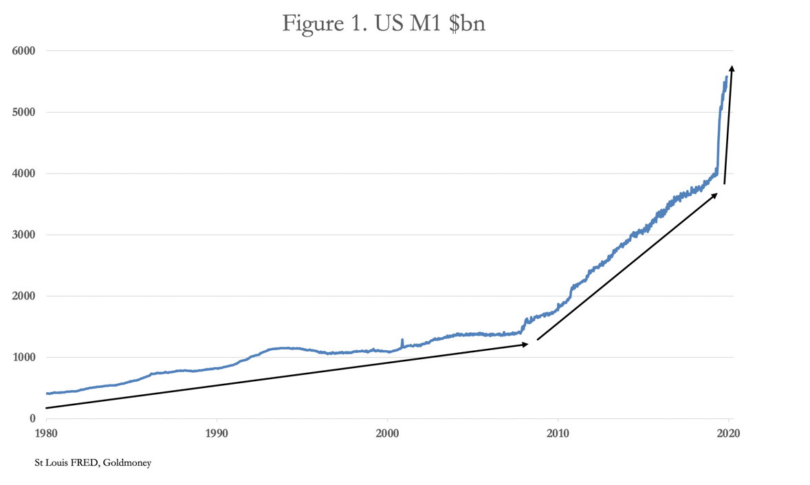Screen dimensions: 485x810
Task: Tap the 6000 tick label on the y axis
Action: click(24, 51)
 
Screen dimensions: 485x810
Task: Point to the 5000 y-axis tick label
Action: click(24, 112)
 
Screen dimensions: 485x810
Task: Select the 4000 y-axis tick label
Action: click(24, 173)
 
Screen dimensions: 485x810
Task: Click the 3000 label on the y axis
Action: click(24, 235)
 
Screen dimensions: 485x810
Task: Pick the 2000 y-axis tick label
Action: click(24, 296)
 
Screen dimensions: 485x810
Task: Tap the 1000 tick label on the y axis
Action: click(24, 357)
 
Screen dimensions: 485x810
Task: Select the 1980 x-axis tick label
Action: click(46, 433)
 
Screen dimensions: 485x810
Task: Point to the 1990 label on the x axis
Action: click(217, 433)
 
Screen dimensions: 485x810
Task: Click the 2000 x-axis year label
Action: click(387, 433)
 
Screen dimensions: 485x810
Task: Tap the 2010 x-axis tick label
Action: click(558, 433)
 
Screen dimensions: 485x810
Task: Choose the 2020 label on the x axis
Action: click(728, 433)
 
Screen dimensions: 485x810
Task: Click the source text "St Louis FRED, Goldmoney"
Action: click(93, 463)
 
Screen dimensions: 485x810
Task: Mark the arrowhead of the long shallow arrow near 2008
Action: click(525, 344)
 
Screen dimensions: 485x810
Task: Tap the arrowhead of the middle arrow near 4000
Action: click(714, 195)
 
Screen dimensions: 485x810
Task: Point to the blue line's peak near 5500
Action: click(727, 77)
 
